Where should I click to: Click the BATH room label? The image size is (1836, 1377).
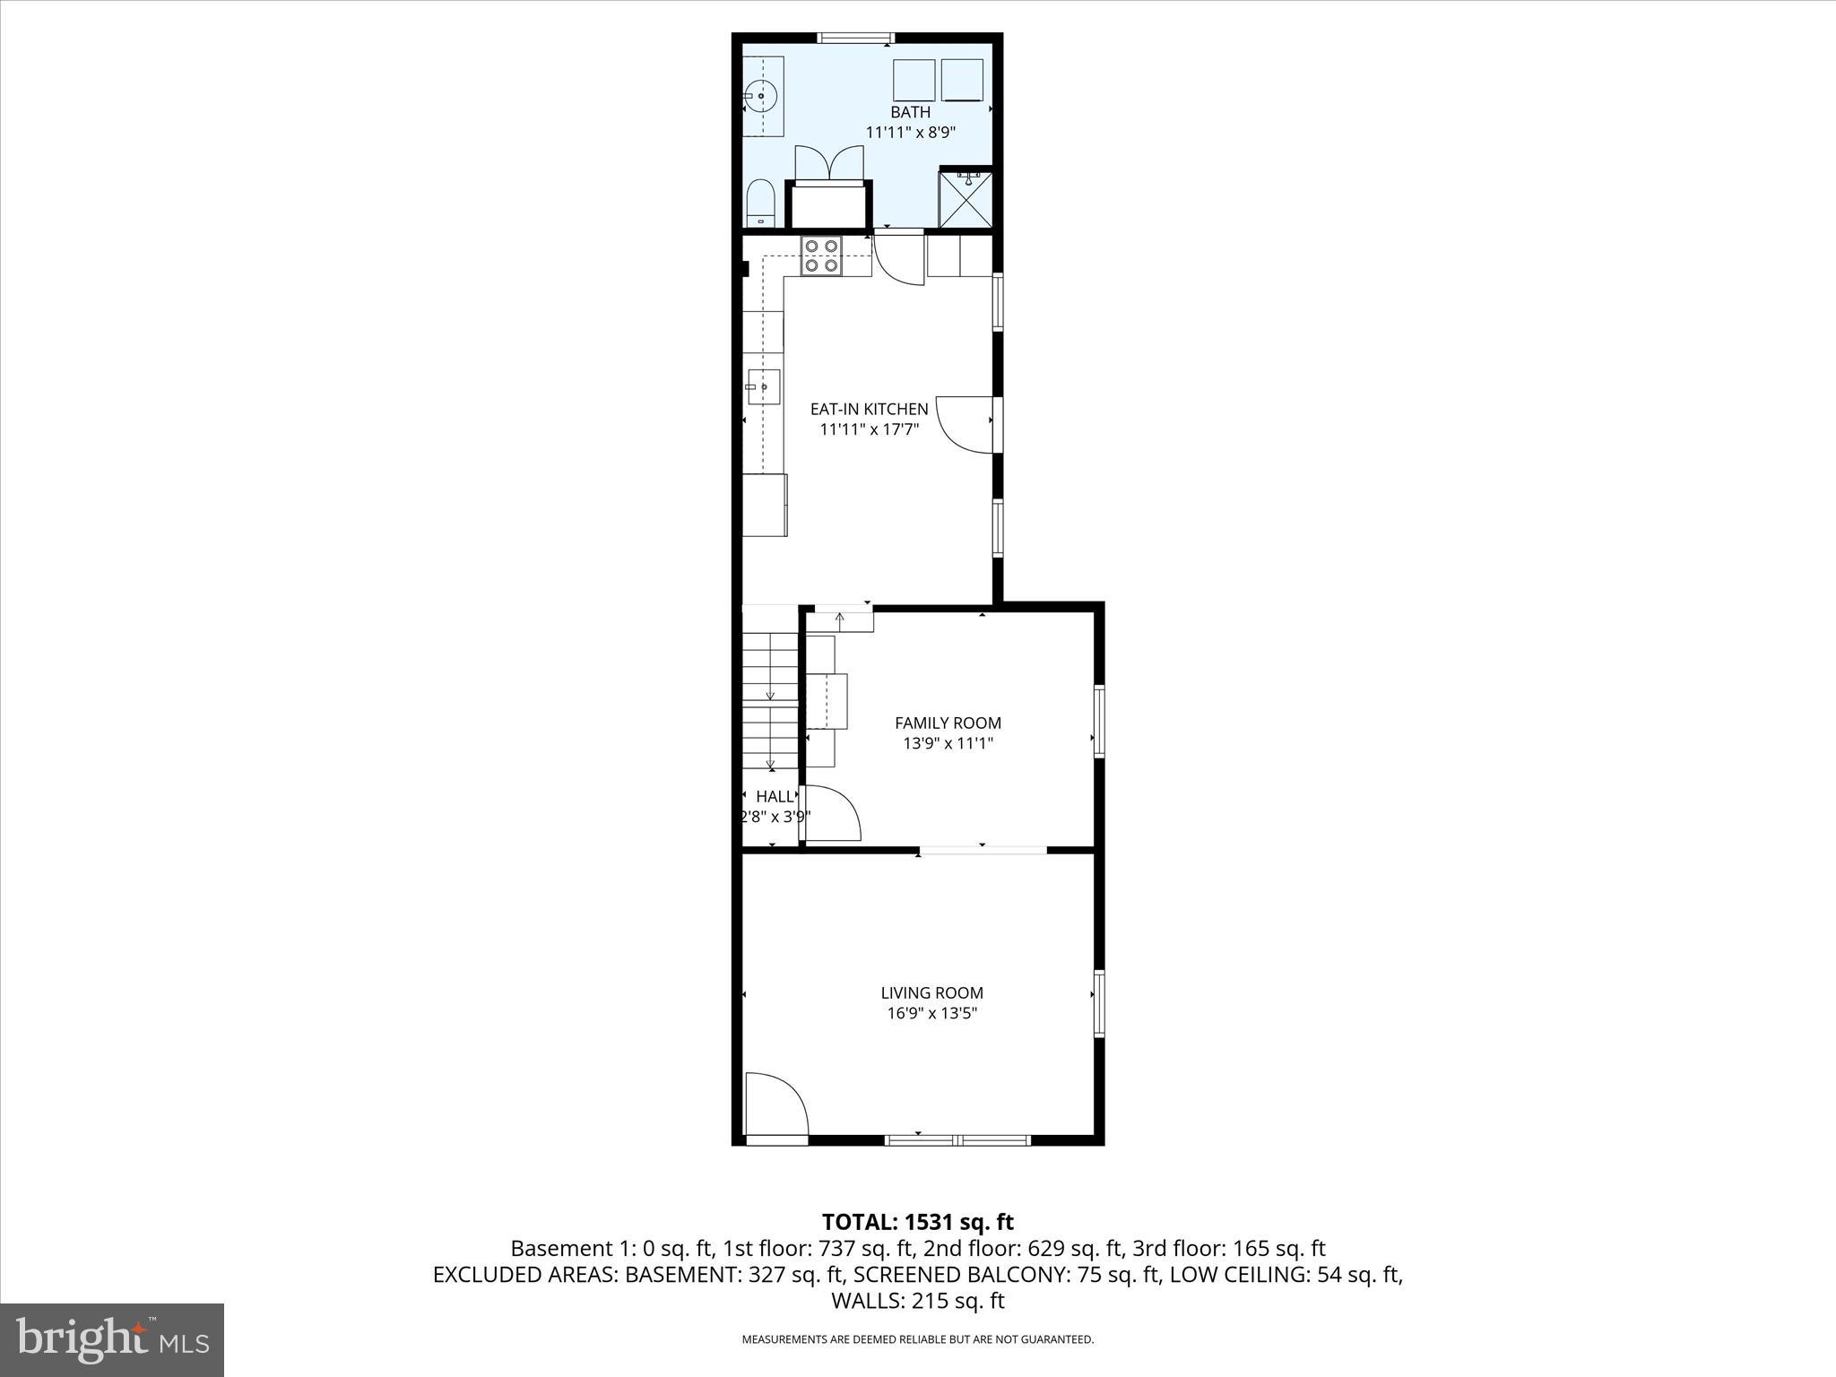[x=910, y=112]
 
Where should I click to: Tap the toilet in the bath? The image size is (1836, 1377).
[x=760, y=204]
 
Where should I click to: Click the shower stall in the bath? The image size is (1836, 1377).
[x=966, y=199]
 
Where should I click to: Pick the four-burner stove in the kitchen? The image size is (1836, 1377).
[x=822, y=255]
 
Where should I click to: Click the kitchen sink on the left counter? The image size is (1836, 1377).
[x=764, y=387]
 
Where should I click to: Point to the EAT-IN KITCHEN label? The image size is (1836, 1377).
[x=869, y=409]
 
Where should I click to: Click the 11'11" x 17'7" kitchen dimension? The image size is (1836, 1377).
[x=869, y=429]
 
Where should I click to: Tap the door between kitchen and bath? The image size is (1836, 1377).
[x=899, y=260]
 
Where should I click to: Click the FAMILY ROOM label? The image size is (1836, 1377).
[x=948, y=723]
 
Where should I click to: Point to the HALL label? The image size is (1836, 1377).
[x=775, y=796]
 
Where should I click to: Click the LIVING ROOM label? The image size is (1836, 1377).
[x=931, y=992]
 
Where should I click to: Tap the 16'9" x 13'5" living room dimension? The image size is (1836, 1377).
[x=931, y=1013]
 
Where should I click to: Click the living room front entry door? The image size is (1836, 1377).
[x=776, y=1105]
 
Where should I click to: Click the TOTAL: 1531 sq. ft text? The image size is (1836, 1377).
[x=917, y=1222]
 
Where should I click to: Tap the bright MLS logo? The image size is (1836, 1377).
[x=112, y=1339]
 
